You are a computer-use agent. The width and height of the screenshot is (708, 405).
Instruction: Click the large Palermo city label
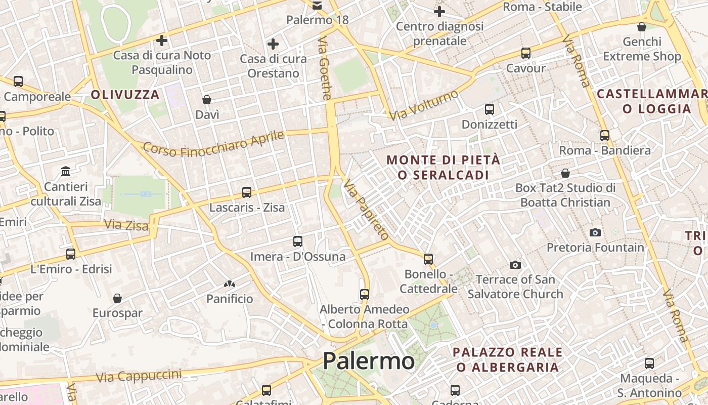pyautogui.click(x=369, y=361)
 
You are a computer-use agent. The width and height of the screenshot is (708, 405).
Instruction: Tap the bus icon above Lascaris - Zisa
pyautogui.click(x=247, y=192)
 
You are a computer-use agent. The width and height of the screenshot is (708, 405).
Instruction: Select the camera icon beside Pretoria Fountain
pyautogui.click(x=595, y=232)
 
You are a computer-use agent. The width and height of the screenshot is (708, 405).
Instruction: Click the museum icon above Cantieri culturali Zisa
pyautogui.click(x=66, y=172)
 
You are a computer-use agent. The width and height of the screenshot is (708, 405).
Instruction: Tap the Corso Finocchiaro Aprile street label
pyautogui.click(x=213, y=143)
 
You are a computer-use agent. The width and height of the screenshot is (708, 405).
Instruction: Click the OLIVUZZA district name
pyautogui.click(x=125, y=95)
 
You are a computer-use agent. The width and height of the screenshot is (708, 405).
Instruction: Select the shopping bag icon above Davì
pyautogui.click(x=207, y=100)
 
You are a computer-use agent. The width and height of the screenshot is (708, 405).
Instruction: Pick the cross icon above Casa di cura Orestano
pyautogui.click(x=273, y=44)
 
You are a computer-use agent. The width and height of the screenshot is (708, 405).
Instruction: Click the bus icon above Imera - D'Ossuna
pyautogui.click(x=298, y=241)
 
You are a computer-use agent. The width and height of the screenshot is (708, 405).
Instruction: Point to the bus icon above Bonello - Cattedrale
pyautogui.click(x=428, y=259)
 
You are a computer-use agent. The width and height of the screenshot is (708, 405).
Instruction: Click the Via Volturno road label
pyautogui.click(x=423, y=105)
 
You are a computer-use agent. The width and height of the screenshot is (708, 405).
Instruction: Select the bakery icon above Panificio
pyautogui.click(x=230, y=284)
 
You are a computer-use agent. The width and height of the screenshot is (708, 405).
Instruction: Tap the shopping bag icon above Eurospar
pyautogui.click(x=117, y=298)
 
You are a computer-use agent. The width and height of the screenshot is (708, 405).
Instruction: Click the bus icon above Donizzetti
pyautogui.click(x=489, y=109)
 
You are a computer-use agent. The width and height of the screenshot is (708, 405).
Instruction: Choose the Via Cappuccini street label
pyautogui.click(x=139, y=376)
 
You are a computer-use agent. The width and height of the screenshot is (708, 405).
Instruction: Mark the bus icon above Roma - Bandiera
pyautogui.click(x=605, y=136)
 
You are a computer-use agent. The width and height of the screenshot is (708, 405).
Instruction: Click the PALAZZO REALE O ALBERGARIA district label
pyautogui.click(x=507, y=359)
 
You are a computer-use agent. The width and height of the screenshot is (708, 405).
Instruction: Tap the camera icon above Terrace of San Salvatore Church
pyautogui.click(x=515, y=265)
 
